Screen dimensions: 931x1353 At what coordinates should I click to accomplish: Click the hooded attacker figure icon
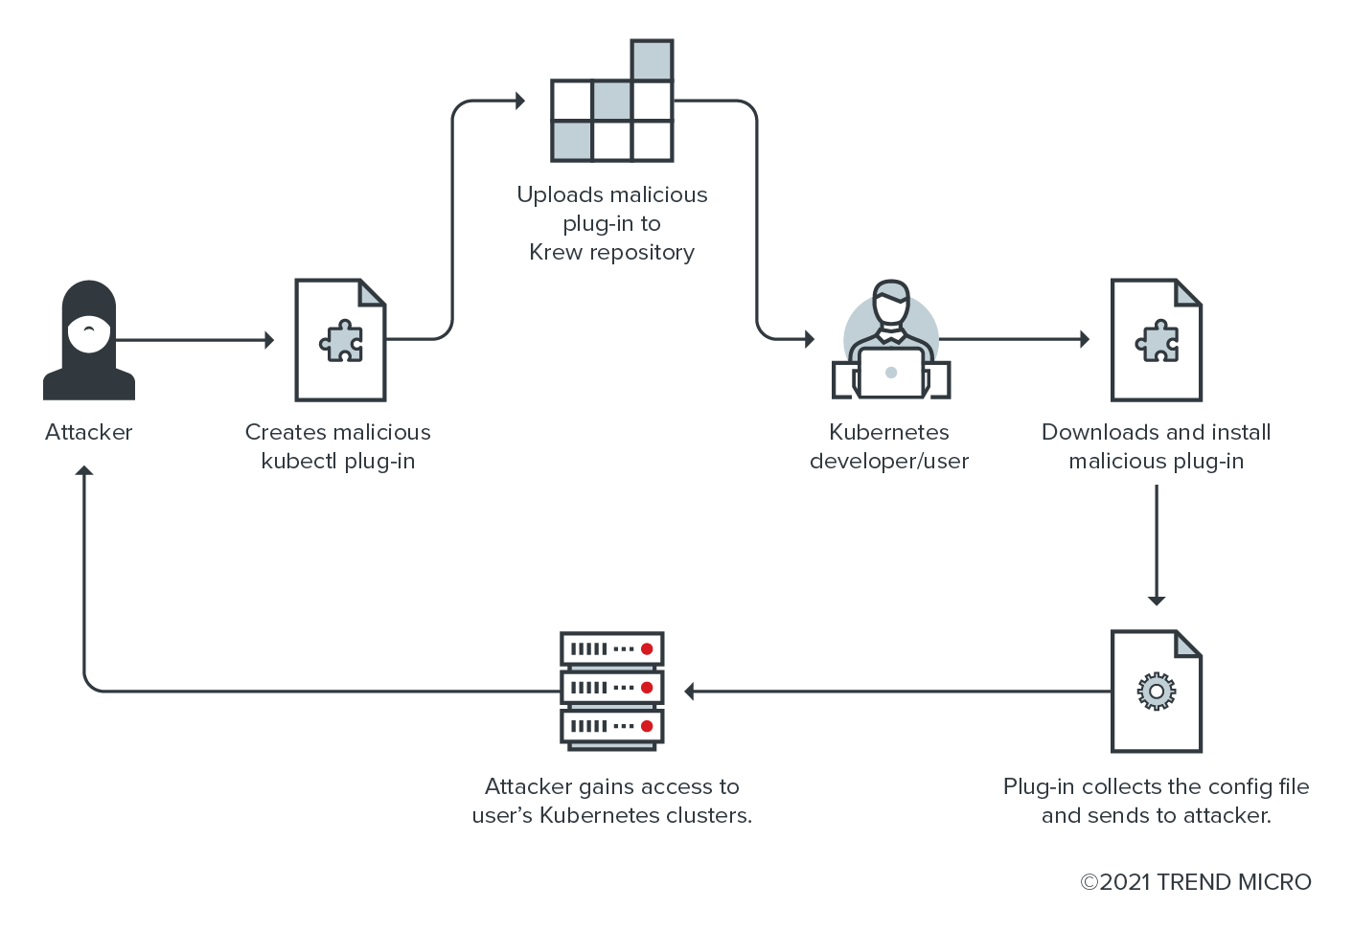point(89,340)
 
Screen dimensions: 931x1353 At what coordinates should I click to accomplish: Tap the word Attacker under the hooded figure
point(88,432)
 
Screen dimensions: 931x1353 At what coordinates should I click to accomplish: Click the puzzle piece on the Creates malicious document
point(342,341)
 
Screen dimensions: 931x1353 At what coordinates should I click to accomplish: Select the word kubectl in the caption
point(298,461)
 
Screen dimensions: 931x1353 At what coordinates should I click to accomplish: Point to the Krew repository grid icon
point(612,102)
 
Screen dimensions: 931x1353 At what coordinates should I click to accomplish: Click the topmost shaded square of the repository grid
point(653,60)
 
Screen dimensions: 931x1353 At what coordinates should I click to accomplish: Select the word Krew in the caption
point(556,252)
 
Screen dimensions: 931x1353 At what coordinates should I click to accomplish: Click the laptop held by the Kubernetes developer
point(891,373)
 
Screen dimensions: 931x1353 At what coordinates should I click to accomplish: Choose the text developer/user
point(889,461)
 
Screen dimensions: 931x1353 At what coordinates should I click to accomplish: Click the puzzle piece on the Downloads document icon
point(1158,341)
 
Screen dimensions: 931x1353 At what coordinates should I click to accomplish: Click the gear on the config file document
point(1157,692)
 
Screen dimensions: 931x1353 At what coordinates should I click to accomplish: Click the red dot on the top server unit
point(647,649)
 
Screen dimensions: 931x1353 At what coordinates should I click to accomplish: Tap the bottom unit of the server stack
point(612,726)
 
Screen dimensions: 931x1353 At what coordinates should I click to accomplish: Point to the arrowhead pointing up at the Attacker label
point(84,471)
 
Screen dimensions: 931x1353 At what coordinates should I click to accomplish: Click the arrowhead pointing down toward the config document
point(1157,600)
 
